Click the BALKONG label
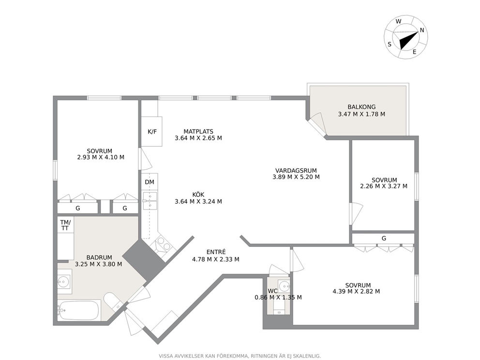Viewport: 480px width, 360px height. pyautogui.click(x=361, y=107)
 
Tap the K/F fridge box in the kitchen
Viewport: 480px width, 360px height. pyautogui.click(x=151, y=132)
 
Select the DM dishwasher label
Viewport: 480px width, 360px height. pyautogui.click(x=150, y=182)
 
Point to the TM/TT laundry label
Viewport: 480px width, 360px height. pyautogui.click(x=65, y=225)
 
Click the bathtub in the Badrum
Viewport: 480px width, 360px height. pyautogui.click(x=79, y=310)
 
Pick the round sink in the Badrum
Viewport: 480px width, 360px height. pyautogui.click(x=64, y=281)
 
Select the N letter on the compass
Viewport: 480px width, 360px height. pyautogui.click(x=422, y=30)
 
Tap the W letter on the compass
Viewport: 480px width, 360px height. pyautogui.click(x=398, y=21)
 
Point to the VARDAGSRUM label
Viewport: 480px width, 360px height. pyautogui.click(x=296, y=170)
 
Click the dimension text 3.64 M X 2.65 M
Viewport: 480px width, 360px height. pyautogui.click(x=198, y=138)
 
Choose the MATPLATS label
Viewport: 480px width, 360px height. pyautogui.click(x=198, y=132)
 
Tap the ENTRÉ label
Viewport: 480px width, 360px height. pyautogui.click(x=216, y=252)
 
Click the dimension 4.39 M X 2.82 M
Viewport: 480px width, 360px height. pyautogui.click(x=356, y=291)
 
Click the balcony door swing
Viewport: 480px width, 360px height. pyautogui.click(x=319, y=123)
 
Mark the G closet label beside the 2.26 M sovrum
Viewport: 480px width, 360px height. pyautogui.click(x=384, y=238)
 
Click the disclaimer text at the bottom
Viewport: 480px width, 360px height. pyautogui.click(x=240, y=356)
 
